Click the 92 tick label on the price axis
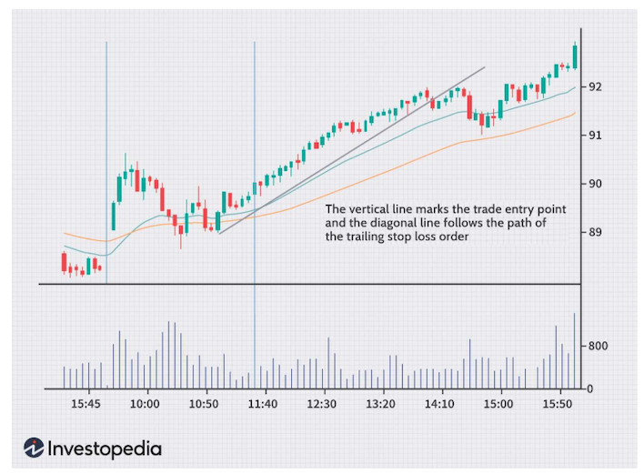[x=596, y=87]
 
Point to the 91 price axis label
[x=596, y=136]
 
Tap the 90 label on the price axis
[x=596, y=184]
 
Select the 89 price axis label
[x=596, y=232]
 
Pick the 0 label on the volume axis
[x=590, y=389]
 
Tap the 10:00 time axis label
[x=145, y=404]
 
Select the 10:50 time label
[x=204, y=404]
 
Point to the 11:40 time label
[x=263, y=404]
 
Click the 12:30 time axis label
[x=322, y=404]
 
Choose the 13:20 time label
[x=381, y=404]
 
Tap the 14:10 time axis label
[x=440, y=404]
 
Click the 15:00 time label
[x=499, y=404]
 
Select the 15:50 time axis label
[x=558, y=404]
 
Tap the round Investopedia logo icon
[x=35, y=448]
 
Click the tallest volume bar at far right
[x=575, y=350]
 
